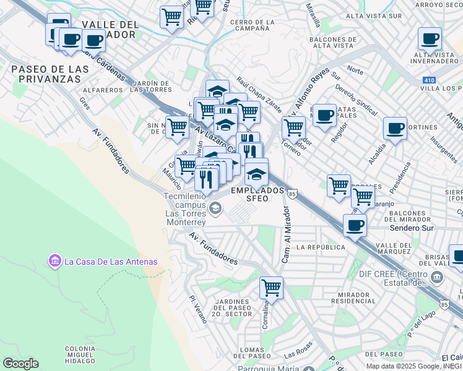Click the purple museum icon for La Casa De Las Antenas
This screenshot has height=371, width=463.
point(54,262)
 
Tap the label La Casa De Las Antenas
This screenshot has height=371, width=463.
point(111,262)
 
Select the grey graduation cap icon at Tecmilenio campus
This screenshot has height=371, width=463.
point(215,208)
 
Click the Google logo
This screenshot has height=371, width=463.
point(20,364)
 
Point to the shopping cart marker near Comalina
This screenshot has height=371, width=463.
point(271,288)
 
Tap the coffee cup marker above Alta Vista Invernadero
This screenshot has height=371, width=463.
point(430,39)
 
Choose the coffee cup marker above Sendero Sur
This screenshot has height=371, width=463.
point(355,225)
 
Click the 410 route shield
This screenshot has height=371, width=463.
point(429,80)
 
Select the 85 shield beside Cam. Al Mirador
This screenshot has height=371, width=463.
point(292,194)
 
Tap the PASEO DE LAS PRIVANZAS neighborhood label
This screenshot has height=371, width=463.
point(46,74)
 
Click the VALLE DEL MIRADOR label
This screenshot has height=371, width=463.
point(110,29)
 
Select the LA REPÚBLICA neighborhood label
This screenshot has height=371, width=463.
point(320,247)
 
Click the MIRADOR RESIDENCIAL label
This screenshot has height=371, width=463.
point(353,297)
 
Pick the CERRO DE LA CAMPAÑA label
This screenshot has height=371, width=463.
point(251,25)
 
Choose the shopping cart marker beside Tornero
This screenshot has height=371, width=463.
point(293,127)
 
